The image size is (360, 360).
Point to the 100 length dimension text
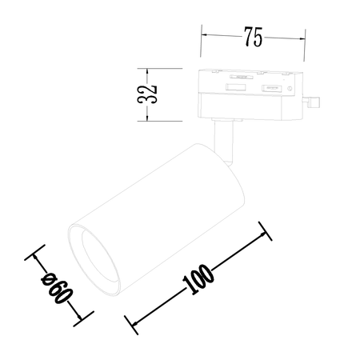pyautogui.click(x=197, y=278)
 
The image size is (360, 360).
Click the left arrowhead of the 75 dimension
pyautogui.click(x=204, y=36)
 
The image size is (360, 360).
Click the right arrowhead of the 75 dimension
pyautogui.click(x=302, y=36)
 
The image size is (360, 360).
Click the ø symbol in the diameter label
pyautogui.click(x=47, y=278)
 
